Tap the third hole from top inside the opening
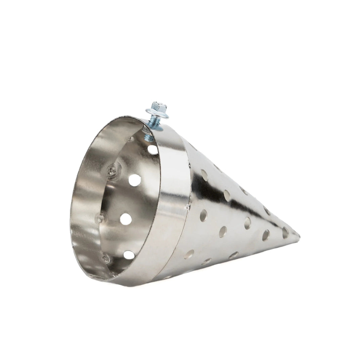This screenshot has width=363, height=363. tap(125, 219)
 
